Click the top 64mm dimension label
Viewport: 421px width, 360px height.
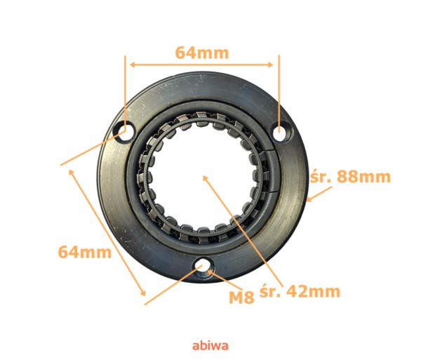tap(201, 53)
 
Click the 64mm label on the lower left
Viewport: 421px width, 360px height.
tap(85, 253)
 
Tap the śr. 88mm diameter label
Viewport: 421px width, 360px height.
tap(350, 177)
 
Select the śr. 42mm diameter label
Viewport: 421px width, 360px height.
tap(300, 291)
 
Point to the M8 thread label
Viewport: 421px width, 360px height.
tap(241, 298)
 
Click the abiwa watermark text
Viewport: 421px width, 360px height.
tap(210, 346)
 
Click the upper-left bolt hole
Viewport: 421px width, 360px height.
tap(123, 131)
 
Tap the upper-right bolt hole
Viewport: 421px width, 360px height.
tap(281, 131)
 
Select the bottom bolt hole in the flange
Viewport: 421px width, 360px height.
tap(203, 269)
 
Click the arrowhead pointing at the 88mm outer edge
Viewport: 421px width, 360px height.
tap(309, 199)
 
